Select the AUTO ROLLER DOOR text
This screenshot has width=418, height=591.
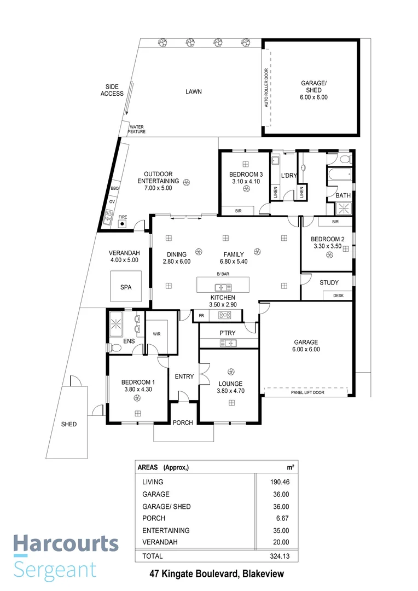tap(266, 88)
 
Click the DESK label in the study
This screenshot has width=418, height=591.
tap(338, 296)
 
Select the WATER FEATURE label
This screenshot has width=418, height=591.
tap(136, 129)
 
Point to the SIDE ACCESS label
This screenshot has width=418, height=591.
tap(112, 90)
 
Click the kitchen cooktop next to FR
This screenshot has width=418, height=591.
tap(225, 315)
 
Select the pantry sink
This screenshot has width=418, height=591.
tap(228, 343)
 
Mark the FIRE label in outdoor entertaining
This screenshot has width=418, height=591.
tap(123, 217)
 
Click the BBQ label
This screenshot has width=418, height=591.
tap(114, 188)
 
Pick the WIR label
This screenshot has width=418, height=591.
tap(156, 333)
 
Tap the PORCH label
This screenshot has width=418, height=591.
tap(183, 422)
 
